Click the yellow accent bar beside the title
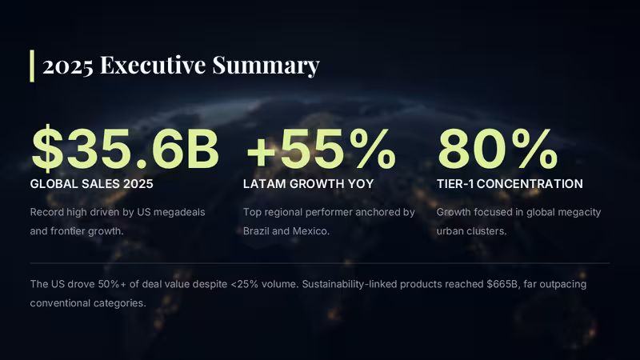click(32, 66)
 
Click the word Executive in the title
click(153, 65)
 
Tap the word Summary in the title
click(266, 66)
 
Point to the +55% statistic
click(321, 150)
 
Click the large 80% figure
click(497, 150)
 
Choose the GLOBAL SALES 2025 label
click(91, 184)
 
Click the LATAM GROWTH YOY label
click(308, 184)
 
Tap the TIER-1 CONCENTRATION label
click(510, 184)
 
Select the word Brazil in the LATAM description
click(256, 231)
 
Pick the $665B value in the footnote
click(502, 284)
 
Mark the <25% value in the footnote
click(245, 284)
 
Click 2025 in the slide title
click(68, 66)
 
